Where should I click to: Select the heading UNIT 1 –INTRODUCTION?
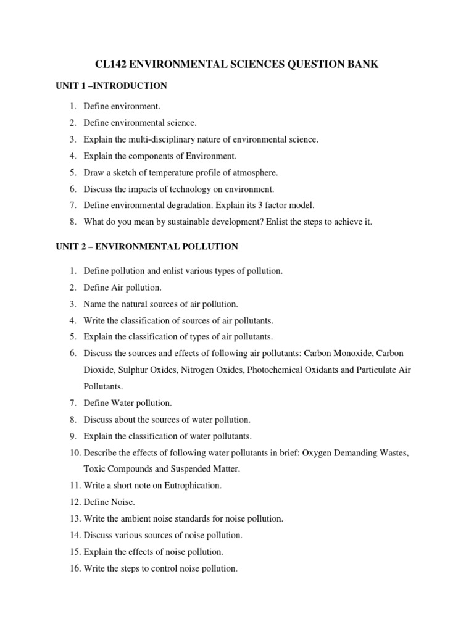(x=111, y=85)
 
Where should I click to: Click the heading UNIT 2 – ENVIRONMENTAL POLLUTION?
(x=147, y=246)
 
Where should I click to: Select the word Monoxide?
(x=352, y=353)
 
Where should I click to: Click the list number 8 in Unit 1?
(x=72, y=222)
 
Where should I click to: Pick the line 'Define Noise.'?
(x=110, y=502)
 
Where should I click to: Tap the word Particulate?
(x=376, y=370)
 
